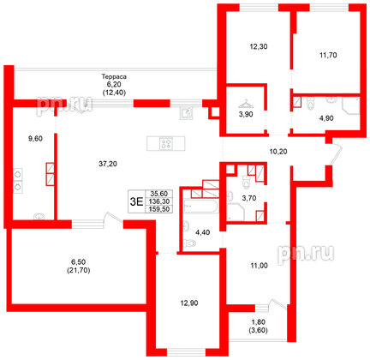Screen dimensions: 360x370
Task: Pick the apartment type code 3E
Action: pos(134,201)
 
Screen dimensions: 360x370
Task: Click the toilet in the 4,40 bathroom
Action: pos(190,243)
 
